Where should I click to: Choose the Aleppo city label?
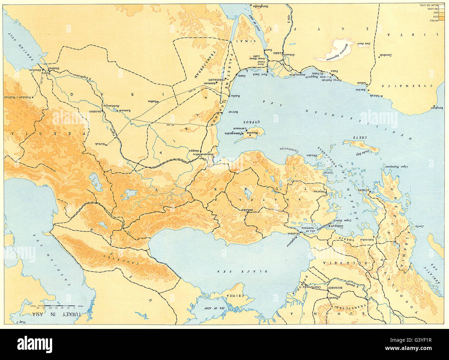[x=194, y=150]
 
